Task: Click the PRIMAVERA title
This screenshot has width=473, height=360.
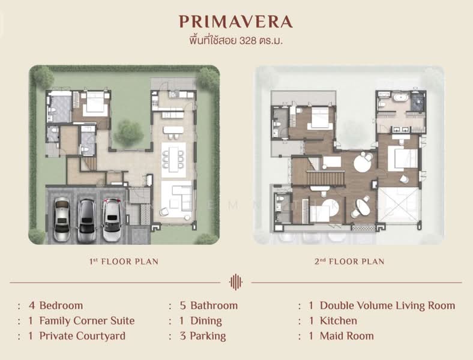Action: coord(235,22)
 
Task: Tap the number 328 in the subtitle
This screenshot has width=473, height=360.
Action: coord(248,41)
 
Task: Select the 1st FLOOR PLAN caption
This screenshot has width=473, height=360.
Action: coord(124,262)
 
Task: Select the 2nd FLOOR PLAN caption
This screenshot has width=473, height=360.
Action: coord(349,262)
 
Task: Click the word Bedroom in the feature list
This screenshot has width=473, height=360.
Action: coord(61,305)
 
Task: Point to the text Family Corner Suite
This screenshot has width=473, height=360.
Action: coord(87,321)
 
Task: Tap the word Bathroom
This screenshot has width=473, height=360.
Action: coord(214,305)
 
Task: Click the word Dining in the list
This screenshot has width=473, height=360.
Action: coord(206,321)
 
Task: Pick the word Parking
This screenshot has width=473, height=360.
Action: coord(208,336)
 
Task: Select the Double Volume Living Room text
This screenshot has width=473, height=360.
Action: coord(387,305)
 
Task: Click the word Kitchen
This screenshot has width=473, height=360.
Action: coord(339,321)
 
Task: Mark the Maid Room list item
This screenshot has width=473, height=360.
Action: coord(346,336)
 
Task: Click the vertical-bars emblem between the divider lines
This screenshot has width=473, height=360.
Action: coord(236,282)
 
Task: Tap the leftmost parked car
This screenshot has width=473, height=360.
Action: coord(62,219)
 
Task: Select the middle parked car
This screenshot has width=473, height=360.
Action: coord(87,221)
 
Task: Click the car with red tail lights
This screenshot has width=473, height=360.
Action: coord(112,220)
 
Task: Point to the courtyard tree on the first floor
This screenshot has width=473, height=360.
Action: coord(129,133)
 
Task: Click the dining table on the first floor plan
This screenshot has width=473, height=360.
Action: coord(173,160)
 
